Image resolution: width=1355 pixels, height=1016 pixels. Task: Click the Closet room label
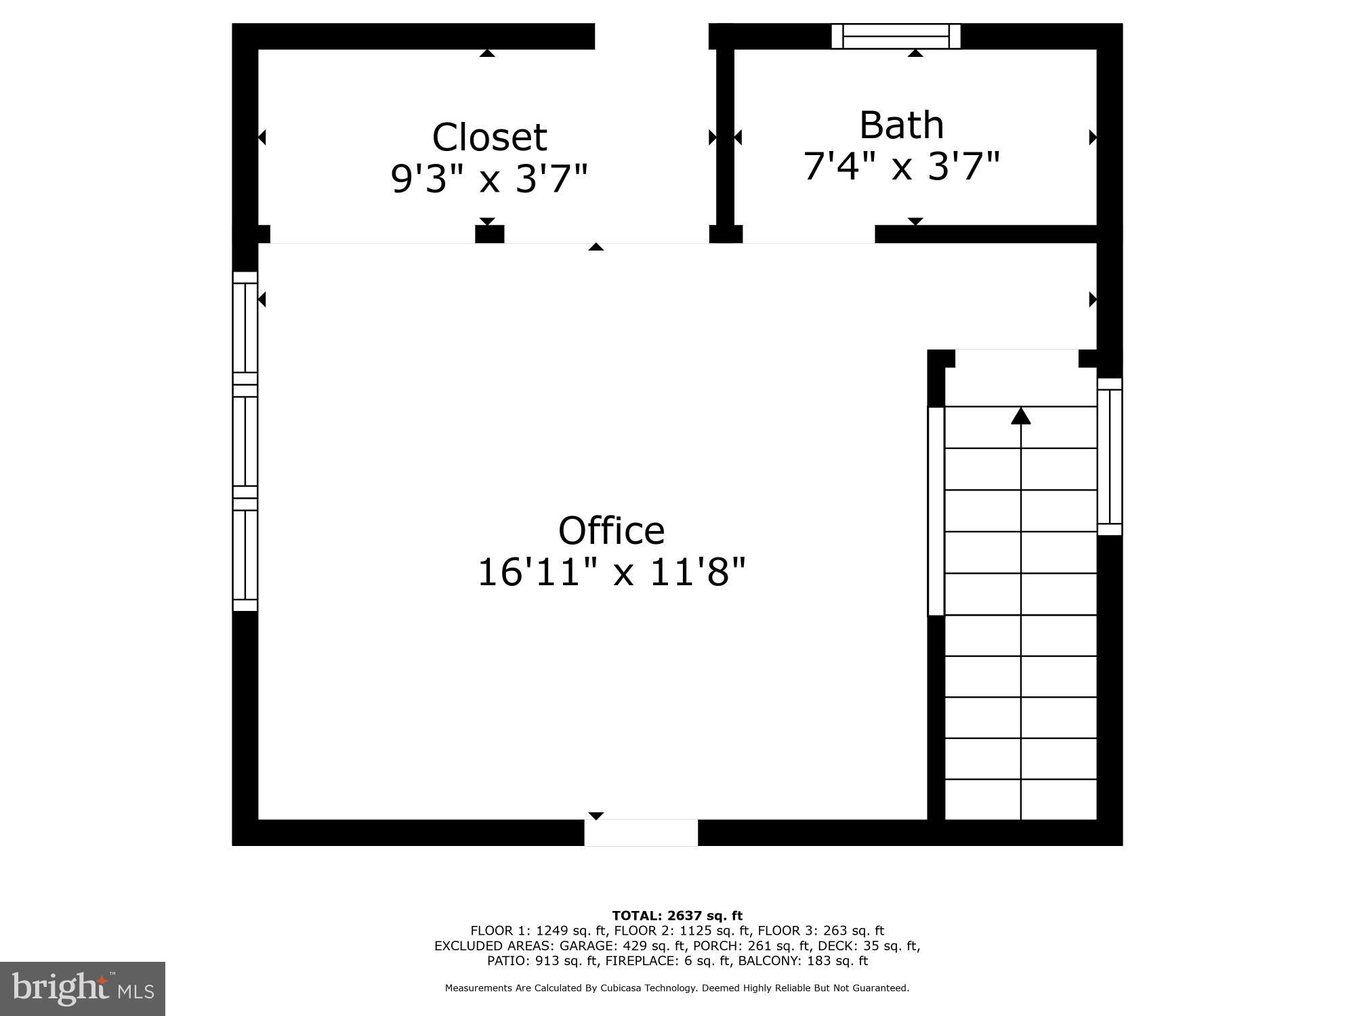pyautogui.click(x=489, y=137)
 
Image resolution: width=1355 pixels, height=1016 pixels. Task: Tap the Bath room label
pyautogui.click(x=901, y=125)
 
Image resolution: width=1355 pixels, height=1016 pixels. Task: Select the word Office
pyautogui.click(x=611, y=530)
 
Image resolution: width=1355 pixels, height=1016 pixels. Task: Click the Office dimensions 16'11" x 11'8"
pyautogui.click(x=611, y=572)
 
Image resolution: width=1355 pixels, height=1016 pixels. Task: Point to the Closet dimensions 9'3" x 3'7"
pyautogui.click(x=489, y=179)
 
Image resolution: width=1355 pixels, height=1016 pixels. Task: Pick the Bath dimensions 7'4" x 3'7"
pyautogui.click(x=901, y=166)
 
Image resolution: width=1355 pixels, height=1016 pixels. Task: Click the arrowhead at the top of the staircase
pyautogui.click(x=1020, y=416)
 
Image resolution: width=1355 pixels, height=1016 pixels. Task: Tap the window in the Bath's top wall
pyautogui.click(x=896, y=36)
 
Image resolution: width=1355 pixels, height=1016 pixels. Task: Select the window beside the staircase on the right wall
pyautogui.click(x=1109, y=457)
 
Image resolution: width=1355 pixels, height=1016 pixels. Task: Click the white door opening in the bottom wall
pyautogui.click(x=641, y=832)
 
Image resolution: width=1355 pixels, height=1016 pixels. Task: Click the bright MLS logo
pyautogui.click(x=83, y=989)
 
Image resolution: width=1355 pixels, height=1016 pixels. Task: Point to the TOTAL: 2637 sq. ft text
pyautogui.click(x=677, y=916)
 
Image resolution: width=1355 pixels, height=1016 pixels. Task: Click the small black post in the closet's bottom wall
pyautogui.click(x=489, y=234)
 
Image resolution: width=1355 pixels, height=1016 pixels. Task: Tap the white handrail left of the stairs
pyautogui.click(x=936, y=511)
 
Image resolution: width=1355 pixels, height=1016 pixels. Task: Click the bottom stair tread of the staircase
pyautogui.click(x=1020, y=800)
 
